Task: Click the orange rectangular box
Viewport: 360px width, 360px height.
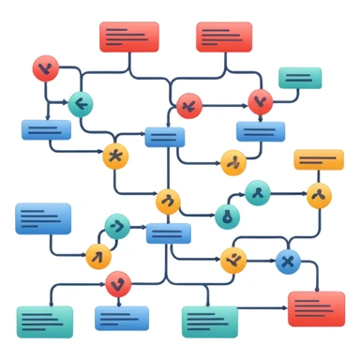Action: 319,159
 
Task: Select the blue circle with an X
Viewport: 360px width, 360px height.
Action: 288,262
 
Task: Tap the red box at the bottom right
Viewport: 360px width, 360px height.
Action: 316,307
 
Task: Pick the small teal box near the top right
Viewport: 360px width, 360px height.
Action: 300,78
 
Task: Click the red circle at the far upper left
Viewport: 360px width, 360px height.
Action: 45,67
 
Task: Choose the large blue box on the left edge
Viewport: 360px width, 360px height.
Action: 43,218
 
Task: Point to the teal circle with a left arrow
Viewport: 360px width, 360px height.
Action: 81,104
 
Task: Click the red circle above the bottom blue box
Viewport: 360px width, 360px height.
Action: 118,283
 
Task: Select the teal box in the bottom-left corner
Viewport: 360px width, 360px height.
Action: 44,321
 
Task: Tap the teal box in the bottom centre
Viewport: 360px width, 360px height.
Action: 209,321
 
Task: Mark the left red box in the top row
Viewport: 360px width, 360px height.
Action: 129,37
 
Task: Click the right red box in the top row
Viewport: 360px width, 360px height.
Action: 224,37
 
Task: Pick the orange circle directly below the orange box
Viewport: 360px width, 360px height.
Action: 319,196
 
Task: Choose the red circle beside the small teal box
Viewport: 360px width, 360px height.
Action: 260,101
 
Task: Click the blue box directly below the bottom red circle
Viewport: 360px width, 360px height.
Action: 122,318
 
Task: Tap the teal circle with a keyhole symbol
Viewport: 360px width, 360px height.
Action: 226,217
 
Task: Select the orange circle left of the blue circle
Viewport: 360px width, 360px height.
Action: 233,261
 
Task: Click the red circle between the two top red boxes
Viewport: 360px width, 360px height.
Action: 188,105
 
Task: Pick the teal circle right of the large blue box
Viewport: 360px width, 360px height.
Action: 117,226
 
